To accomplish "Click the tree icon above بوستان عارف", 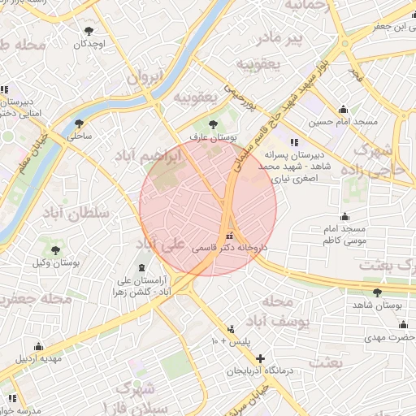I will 213,124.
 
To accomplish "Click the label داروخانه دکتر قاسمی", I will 229,249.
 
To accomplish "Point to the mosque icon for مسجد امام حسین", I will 343,110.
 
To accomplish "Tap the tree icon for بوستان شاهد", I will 376,292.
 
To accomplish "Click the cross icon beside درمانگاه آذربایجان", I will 260,358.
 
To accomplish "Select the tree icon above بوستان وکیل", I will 55,250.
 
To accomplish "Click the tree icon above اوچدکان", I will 88,32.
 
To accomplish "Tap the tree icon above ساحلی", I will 79,124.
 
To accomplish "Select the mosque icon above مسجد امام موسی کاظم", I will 344,216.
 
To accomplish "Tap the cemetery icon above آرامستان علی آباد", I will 142,268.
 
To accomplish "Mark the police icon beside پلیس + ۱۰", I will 232,329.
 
